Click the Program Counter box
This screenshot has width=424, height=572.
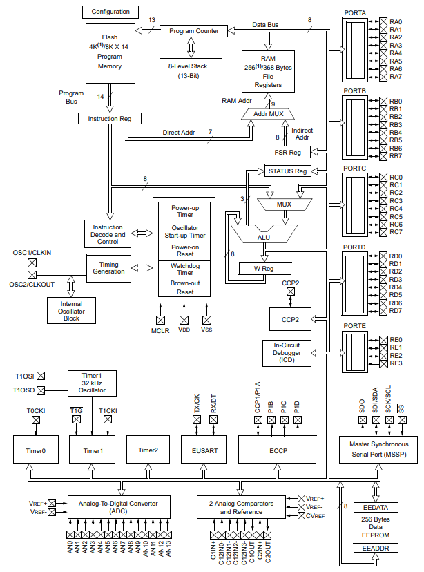[x=193, y=31]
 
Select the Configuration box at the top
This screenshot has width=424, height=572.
[x=110, y=12]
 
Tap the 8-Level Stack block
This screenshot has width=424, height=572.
[x=191, y=70]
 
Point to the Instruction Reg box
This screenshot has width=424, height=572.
[x=109, y=119]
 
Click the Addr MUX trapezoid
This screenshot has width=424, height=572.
[x=268, y=114]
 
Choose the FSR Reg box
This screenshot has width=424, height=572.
[x=287, y=152]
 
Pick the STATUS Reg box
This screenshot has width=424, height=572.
[x=287, y=171]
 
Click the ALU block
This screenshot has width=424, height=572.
[x=264, y=233]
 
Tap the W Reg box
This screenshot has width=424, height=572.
[x=265, y=269]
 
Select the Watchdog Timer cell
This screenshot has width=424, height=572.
[x=184, y=269]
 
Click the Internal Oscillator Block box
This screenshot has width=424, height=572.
[x=71, y=311]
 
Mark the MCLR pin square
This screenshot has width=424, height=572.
[x=160, y=320]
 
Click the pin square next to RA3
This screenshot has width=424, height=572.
[x=383, y=45]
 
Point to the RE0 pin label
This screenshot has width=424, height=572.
[x=396, y=340]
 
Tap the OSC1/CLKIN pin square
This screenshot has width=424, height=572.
[x=32, y=263]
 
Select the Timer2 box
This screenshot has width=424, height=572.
[x=148, y=450]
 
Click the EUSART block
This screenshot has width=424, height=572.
[x=204, y=450]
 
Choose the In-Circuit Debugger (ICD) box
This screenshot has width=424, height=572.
[x=287, y=353]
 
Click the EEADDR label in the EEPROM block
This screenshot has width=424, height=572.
[x=376, y=549]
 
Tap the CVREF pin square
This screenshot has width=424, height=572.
[x=302, y=516]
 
